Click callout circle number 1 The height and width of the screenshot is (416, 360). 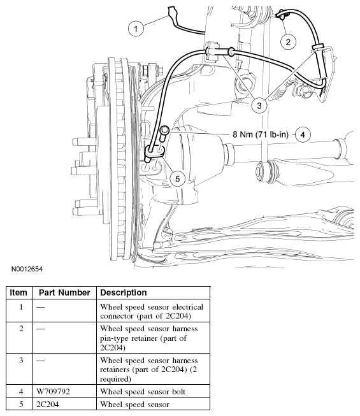coord(134,27)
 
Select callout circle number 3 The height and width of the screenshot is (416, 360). coord(259,104)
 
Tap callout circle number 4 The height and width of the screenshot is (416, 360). coord(303,134)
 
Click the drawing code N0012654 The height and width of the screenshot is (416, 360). coord(27,270)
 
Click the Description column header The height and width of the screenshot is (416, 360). coord(124,292)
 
